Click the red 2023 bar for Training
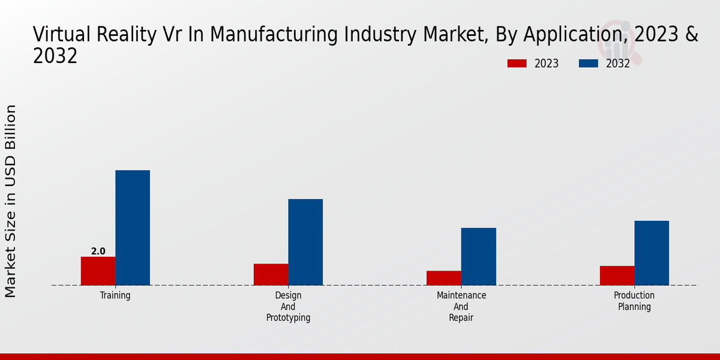98,271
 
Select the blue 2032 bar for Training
133,227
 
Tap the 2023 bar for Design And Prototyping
271,274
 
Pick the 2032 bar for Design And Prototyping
305,242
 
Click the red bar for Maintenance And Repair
444,278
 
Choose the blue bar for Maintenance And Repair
479,256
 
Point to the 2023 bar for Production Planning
617,275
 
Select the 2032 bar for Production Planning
652,253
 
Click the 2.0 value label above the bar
98,251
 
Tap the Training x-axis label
115,296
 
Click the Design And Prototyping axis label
288,307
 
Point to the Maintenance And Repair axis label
461,307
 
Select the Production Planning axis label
634,301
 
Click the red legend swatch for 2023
517,64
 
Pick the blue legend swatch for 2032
589,64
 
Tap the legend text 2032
618,64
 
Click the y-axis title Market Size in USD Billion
11,201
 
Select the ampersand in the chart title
692,35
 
